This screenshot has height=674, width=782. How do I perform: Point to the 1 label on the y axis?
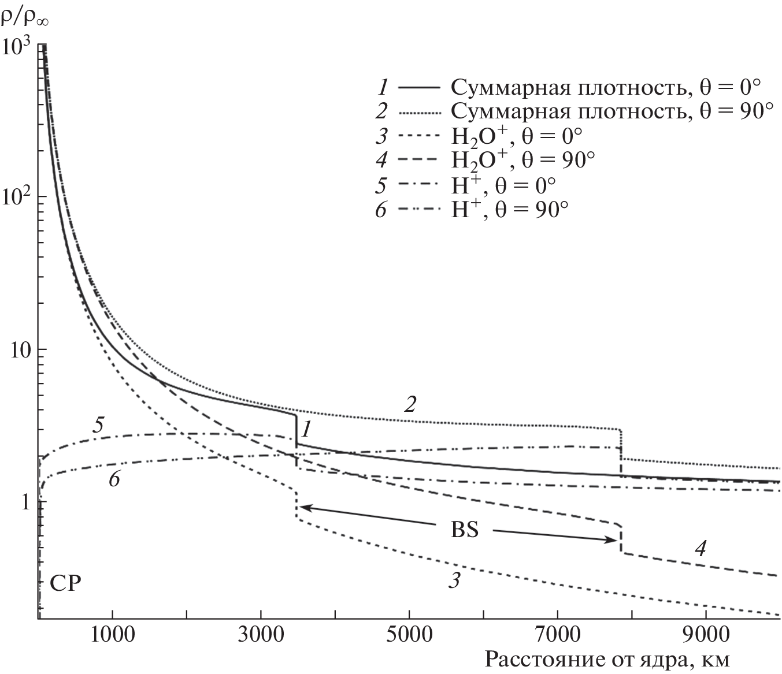click(x=26, y=502)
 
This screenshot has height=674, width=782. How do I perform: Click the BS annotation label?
click(x=465, y=530)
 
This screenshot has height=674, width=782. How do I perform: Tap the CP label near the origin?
click(x=65, y=583)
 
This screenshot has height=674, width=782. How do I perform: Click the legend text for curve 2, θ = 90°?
click(x=611, y=111)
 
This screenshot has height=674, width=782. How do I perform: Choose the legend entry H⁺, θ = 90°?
click(x=509, y=209)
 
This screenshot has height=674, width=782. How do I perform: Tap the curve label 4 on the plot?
click(x=700, y=548)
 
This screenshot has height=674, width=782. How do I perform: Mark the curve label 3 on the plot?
click(x=454, y=580)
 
